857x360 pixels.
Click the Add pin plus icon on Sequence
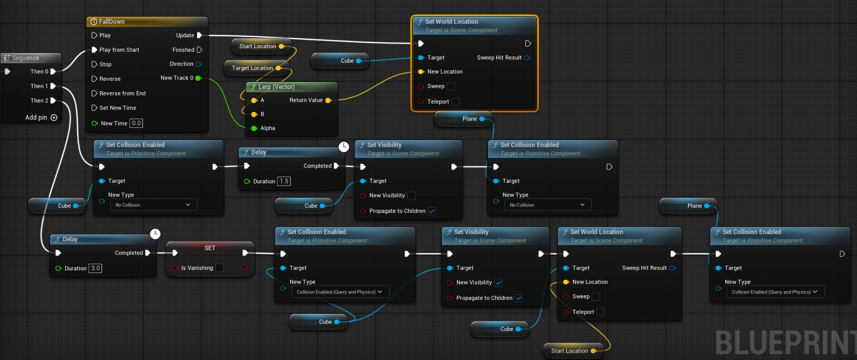coord(54,118)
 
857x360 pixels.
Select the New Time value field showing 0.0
coord(136,123)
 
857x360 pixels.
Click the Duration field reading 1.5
coord(284,181)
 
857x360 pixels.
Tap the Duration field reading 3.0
coord(95,268)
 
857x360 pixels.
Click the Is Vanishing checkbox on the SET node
coord(219,268)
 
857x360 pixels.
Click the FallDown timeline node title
coord(112,21)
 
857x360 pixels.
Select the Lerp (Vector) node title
coord(277,87)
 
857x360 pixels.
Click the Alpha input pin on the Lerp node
coord(254,128)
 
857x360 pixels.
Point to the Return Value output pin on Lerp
coord(328,100)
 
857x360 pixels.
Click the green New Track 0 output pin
coord(198,78)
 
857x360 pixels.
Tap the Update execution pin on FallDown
coord(199,35)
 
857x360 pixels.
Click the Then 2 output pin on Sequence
coord(53,100)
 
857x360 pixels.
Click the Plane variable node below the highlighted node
coord(463,119)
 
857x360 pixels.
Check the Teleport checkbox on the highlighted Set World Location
coord(455,102)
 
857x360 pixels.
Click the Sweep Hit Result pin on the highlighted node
coord(527,58)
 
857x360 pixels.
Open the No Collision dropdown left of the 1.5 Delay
coord(153,205)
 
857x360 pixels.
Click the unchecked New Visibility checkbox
coord(411,196)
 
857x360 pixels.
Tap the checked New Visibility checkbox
coord(498,283)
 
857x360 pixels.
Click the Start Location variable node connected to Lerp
coord(262,46)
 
